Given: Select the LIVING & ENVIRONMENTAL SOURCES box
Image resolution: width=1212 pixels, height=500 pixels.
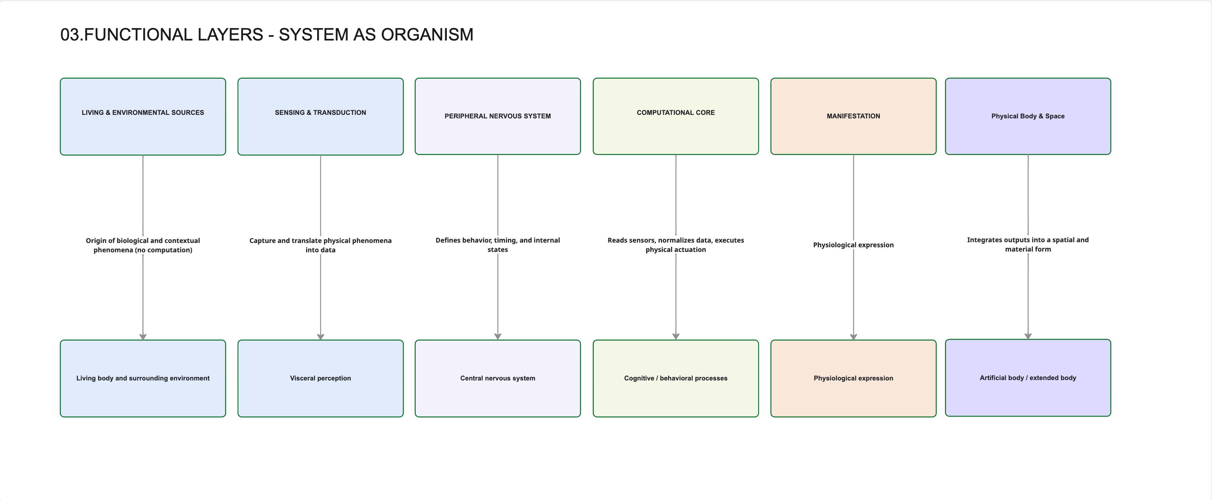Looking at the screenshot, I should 142,116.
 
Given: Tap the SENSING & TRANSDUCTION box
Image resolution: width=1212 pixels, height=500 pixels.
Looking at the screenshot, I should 320,116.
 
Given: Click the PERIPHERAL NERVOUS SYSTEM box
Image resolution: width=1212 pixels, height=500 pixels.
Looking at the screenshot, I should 497,116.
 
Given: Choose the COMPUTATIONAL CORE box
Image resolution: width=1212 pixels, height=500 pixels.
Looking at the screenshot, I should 676,116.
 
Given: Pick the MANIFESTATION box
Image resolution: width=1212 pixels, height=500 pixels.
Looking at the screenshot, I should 853,116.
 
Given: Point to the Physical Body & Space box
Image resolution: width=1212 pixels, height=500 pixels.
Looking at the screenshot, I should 1028,116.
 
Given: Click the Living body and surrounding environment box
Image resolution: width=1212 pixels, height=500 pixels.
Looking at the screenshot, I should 142,378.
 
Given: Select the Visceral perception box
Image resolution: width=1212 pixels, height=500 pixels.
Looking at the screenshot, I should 320,378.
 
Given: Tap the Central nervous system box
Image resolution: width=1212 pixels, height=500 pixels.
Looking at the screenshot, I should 497,378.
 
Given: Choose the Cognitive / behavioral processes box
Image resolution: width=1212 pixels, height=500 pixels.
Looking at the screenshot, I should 676,378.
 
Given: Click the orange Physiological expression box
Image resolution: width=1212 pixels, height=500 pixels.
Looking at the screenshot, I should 853,378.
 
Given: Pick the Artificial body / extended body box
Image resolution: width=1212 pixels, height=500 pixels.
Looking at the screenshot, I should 1028,378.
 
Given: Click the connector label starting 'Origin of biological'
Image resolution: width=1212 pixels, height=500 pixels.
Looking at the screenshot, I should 142,245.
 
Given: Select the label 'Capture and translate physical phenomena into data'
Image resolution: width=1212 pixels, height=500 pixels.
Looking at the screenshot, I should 320,245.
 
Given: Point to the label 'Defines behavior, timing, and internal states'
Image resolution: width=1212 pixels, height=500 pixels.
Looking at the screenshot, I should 497,245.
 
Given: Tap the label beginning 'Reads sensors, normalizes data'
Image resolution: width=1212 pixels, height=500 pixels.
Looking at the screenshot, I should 676,245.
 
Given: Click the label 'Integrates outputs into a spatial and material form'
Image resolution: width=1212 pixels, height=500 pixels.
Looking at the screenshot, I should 1028,244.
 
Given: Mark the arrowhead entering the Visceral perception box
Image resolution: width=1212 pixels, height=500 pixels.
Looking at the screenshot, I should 320,336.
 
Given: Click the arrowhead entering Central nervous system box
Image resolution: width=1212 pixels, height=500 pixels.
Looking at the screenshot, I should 497,336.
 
